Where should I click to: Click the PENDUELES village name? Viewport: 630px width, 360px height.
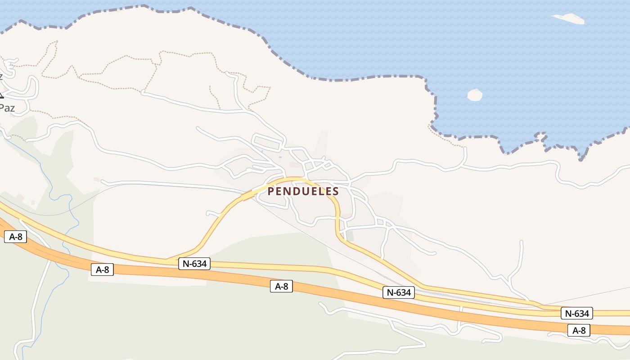click(x=303, y=191)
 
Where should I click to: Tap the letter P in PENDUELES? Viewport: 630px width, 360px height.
click(x=271, y=191)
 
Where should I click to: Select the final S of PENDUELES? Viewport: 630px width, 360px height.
click(x=335, y=191)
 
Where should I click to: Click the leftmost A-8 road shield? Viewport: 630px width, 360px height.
click(x=15, y=237)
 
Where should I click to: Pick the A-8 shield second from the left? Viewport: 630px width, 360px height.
click(x=103, y=270)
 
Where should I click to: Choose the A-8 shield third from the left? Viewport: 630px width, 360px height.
click(x=281, y=286)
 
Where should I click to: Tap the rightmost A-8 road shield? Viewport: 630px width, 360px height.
click(x=579, y=330)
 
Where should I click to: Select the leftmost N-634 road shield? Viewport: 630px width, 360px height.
click(x=194, y=264)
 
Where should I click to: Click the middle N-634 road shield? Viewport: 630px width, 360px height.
click(x=399, y=292)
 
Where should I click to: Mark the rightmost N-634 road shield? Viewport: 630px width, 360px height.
click(x=576, y=313)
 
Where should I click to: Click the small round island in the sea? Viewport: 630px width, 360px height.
click(x=475, y=95)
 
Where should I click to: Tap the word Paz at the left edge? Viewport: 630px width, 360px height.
click(x=7, y=108)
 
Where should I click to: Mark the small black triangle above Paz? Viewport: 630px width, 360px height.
click(x=1, y=94)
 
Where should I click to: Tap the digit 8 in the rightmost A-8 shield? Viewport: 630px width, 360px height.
click(x=584, y=330)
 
